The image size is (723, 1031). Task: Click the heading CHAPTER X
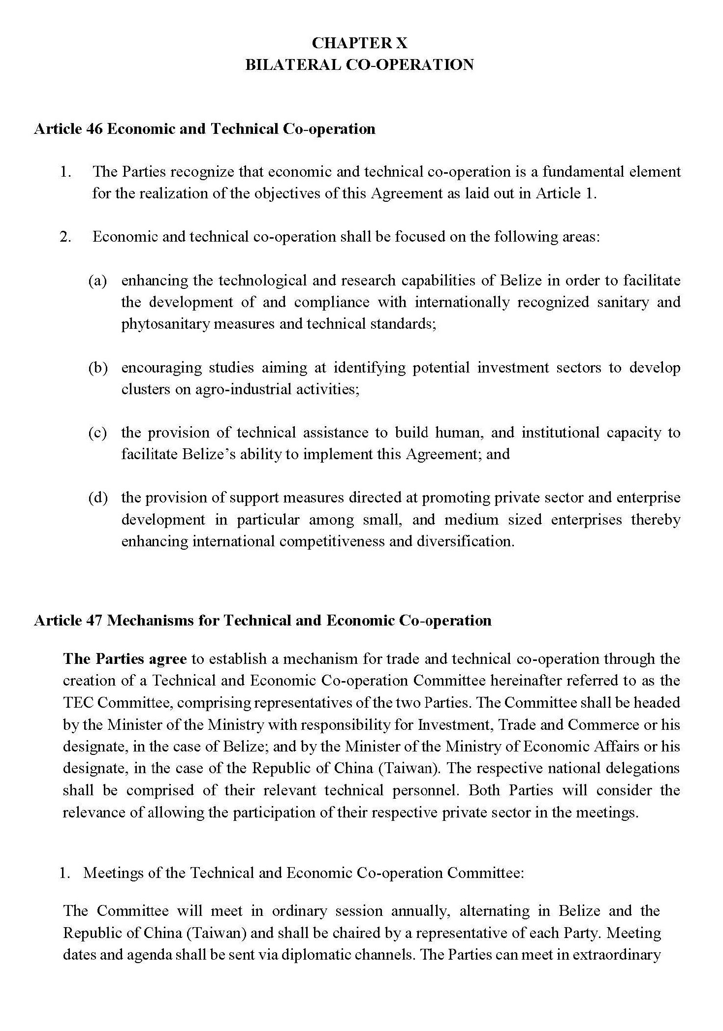pyautogui.click(x=359, y=43)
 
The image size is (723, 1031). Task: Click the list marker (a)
pyautogui.click(x=97, y=281)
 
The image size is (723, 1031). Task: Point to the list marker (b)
pyautogui.click(x=97, y=368)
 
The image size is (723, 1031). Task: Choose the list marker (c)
pyautogui.click(x=97, y=433)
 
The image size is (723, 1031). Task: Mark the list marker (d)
pyautogui.click(x=97, y=498)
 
